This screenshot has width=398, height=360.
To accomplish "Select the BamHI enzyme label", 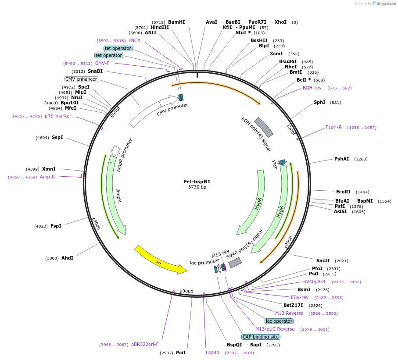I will coord(176,22).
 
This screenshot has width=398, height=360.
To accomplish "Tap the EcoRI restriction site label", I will coord(343,192).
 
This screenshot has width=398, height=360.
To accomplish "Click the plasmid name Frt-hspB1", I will coord(197,182).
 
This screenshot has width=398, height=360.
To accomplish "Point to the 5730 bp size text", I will coord(197,187).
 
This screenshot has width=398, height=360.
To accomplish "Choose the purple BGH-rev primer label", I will coord(312,88).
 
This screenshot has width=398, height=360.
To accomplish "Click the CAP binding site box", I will coord(261,337).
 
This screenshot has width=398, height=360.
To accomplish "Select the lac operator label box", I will coord(279,321).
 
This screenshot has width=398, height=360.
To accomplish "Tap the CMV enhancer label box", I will coord(81,79).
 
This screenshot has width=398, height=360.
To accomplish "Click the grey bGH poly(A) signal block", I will coord(264,127).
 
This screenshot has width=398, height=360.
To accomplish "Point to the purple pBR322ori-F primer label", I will coord(145,344).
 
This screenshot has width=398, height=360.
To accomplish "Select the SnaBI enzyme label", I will coord(95,71).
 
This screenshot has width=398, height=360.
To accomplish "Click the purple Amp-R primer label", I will coord(47,177).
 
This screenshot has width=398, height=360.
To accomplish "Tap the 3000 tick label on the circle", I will coord(188,291).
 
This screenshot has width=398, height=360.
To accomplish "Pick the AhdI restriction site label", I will coord(67,258).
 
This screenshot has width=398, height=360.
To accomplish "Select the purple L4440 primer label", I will coord(212,352).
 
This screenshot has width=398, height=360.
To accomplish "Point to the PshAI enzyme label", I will coord(342,159).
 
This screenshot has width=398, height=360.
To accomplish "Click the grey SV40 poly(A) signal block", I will coord(235,262).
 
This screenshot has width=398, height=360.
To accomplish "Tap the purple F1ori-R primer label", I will coord(333,127).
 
